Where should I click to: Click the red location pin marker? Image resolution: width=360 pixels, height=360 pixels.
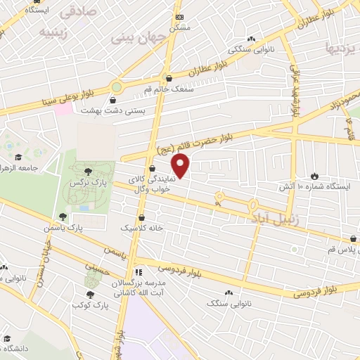point(181,166)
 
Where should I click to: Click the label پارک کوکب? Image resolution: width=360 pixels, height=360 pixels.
point(89,307)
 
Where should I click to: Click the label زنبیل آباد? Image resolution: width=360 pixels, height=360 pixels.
point(275,219)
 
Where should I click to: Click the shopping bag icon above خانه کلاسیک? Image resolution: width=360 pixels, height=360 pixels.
point(143,218)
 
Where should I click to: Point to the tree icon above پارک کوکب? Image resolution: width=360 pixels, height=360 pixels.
point(89,296)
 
